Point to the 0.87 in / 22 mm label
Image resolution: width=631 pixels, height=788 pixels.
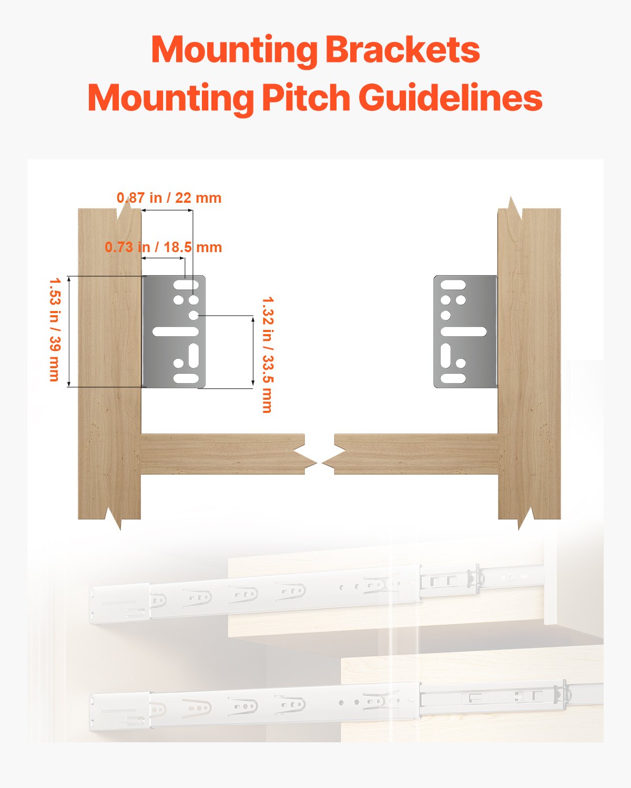click(x=169, y=198)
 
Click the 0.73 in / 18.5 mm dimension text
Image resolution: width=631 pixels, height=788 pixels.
click(x=163, y=247)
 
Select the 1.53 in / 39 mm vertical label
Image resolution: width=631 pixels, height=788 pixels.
click(x=54, y=329)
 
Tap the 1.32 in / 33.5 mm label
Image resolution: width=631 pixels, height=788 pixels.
click(x=267, y=355)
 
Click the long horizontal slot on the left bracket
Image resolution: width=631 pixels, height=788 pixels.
click(x=175, y=331)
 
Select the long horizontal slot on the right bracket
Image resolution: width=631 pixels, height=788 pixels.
click(x=463, y=331)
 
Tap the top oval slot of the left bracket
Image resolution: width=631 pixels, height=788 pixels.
click(x=186, y=285)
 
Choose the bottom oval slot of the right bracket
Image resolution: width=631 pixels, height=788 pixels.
click(x=453, y=378)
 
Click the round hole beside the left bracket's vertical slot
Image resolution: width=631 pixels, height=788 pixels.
click(x=179, y=363)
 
